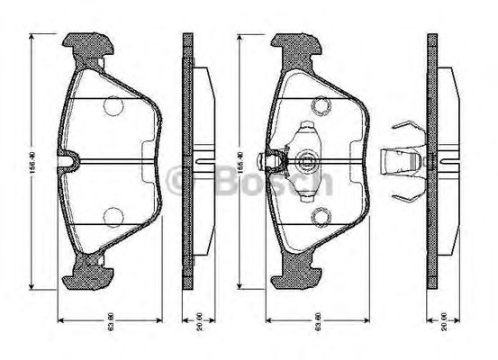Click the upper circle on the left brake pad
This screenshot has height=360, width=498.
[x=113, y=106]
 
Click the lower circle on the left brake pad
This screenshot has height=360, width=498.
[x=113, y=217]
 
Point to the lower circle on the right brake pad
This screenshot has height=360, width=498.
[x=320, y=216]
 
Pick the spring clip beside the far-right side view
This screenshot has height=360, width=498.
[x=402, y=163]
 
